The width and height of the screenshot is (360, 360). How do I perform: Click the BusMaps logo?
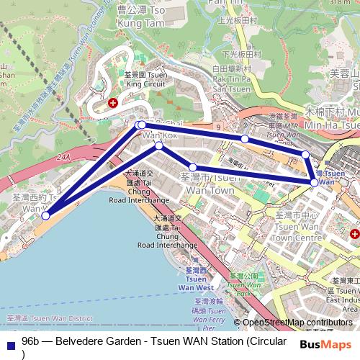[325, 345]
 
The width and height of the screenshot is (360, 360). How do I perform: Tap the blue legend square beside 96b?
[9, 343]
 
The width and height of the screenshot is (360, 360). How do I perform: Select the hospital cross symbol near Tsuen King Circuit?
[112, 104]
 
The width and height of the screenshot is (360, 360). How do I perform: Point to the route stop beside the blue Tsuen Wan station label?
[314, 183]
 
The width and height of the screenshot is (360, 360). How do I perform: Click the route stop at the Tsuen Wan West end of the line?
[45, 215]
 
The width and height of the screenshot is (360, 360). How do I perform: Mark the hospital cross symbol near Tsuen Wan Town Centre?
[354, 235]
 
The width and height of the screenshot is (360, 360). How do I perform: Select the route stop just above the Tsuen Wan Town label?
[192, 168]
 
